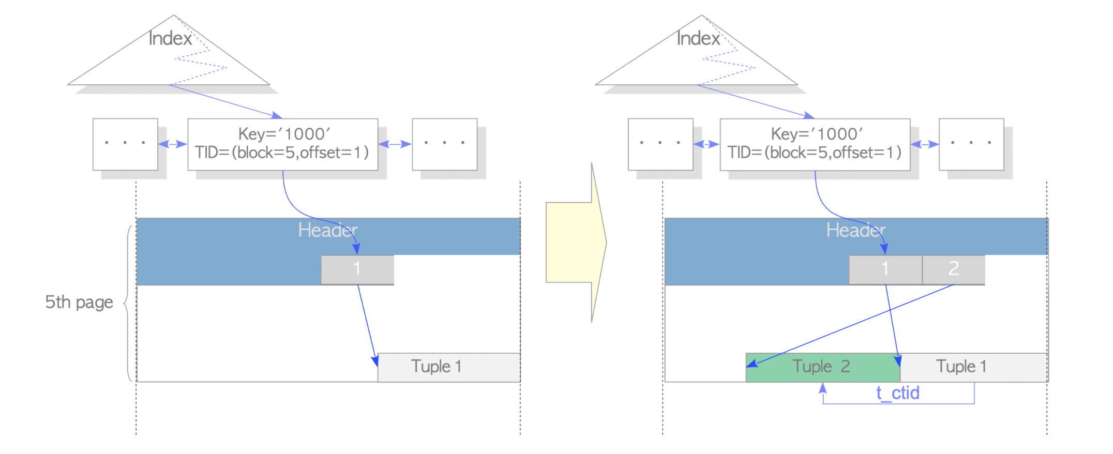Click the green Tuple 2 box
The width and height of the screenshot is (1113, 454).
(x=822, y=367)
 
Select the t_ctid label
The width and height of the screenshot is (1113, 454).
(x=897, y=393)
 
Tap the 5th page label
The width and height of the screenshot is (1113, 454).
(x=79, y=302)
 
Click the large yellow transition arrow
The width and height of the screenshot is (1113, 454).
(x=576, y=243)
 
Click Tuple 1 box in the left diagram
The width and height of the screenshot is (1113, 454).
(x=449, y=367)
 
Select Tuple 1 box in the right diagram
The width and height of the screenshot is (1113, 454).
(x=974, y=367)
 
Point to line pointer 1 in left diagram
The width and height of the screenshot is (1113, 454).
(x=357, y=269)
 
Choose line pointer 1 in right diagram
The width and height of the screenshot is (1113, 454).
(x=885, y=269)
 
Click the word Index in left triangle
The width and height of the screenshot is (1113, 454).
(x=170, y=38)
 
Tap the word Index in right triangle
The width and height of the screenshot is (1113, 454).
(x=698, y=38)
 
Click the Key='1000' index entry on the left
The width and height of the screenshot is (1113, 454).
(x=283, y=144)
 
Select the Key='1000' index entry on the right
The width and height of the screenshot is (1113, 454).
(x=815, y=144)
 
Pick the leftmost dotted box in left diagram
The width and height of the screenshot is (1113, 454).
(x=125, y=144)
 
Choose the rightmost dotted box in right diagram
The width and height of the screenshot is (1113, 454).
(x=971, y=144)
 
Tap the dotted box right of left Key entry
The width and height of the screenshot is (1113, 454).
(x=445, y=144)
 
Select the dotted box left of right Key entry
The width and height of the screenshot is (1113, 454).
(x=660, y=144)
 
